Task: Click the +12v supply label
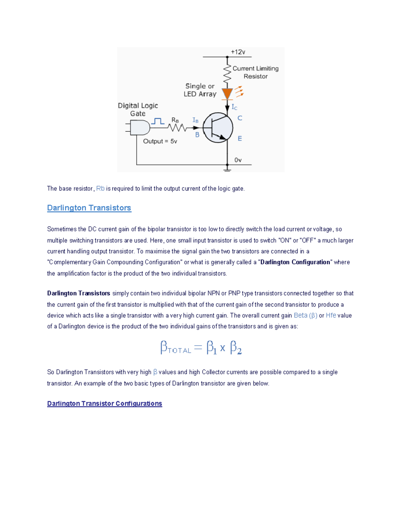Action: click(x=238, y=52)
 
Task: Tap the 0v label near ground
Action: click(x=238, y=160)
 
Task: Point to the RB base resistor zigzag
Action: click(x=177, y=128)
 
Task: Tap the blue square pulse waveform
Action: click(x=158, y=121)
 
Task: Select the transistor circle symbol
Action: click(x=218, y=128)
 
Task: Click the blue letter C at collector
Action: click(x=240, y=118)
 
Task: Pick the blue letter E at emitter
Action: click(x=240, y=139)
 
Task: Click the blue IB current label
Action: click(x=195, y=120)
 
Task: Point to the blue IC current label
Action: click(x=235, y=107)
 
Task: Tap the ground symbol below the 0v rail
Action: click(x=227, y=170)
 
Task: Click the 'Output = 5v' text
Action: click(x=160, y=141)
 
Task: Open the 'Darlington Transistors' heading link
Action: click(x=89, y=208)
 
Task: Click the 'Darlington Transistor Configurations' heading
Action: click(x=105, y=404)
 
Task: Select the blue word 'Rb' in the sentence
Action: click(x=100, y=189)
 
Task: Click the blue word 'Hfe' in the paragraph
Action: click(x=331, y=315)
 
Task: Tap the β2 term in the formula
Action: click(x=236, y=348)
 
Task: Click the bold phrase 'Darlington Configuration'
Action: click(x=295, y=262)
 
